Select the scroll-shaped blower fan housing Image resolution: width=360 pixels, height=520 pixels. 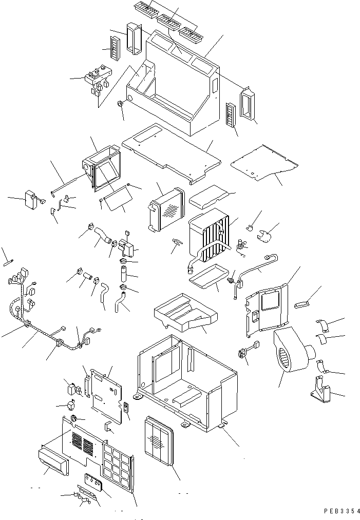click(290, 353)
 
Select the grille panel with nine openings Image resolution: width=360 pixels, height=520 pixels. click(118, 465)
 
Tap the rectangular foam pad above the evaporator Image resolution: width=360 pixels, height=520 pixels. click(208, 196)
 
